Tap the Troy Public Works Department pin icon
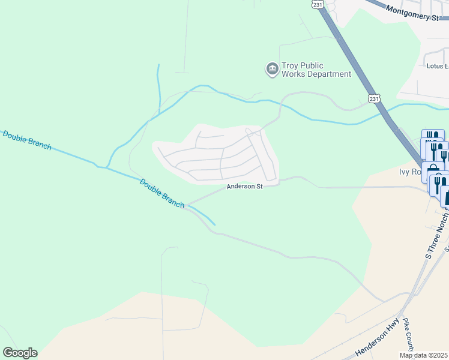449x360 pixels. pos(273,70)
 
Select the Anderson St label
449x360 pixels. pos(244,187)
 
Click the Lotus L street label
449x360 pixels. pos(436,66)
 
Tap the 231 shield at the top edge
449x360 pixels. pos(318,4)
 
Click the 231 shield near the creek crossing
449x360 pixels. pos(374,98)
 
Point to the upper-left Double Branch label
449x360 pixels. pos(26,140)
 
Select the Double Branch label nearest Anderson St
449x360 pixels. pos(161,193)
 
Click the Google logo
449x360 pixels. pos(20,353)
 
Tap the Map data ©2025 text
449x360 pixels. pos(424,355)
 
